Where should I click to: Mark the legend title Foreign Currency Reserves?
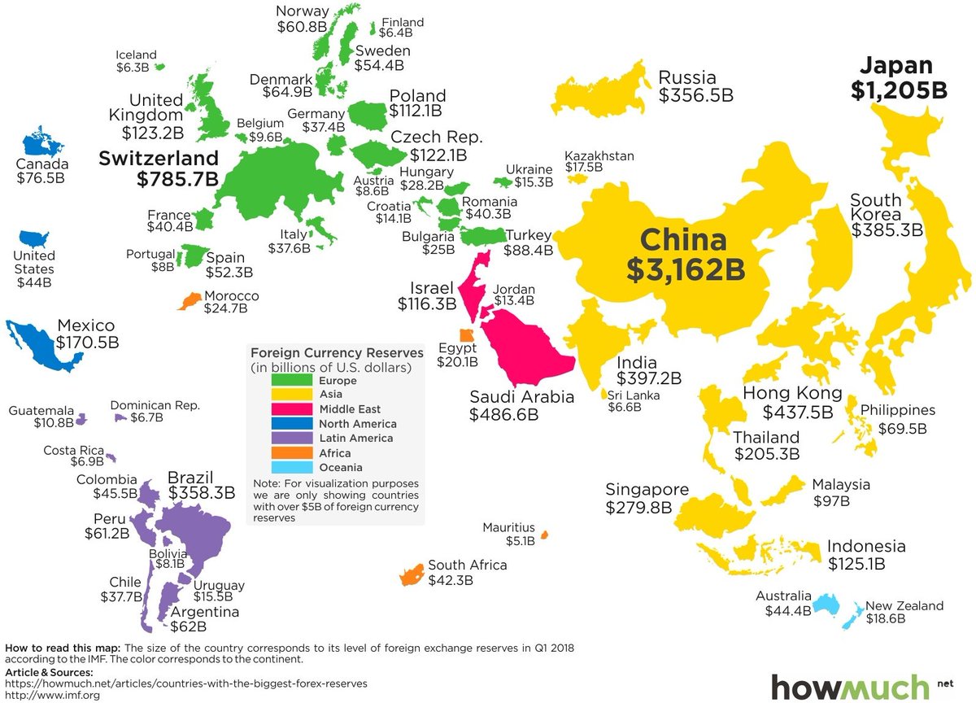pos(337,353)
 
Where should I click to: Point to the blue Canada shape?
pos(41,144)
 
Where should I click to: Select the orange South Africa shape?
pos(411,574)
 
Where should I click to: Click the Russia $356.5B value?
pos(696,95)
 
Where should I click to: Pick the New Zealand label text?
pos(904,605)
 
